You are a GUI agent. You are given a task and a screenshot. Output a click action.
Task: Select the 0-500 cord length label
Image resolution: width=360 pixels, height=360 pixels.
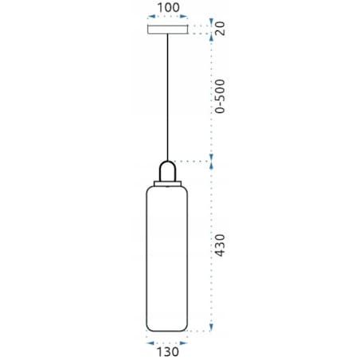[223, 96]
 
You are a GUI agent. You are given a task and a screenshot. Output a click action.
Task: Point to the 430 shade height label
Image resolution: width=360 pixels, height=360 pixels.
[223, 248]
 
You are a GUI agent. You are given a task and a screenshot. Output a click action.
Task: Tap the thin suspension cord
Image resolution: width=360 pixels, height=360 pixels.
[168, 96]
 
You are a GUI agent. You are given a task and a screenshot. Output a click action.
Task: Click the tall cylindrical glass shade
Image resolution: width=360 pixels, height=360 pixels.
[168, 255]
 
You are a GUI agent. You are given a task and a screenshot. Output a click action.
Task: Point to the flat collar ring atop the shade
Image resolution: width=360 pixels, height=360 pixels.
[168, 183]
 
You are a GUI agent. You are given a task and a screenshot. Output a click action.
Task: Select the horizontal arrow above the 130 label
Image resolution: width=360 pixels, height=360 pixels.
[168, 338]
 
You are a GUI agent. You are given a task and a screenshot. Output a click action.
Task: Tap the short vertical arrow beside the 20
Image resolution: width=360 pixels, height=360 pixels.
[211, 29]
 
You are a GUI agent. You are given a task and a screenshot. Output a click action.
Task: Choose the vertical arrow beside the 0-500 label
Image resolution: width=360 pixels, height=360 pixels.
[211, 96]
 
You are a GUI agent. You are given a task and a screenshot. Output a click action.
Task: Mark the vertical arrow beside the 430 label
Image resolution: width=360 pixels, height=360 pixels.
[211, 247]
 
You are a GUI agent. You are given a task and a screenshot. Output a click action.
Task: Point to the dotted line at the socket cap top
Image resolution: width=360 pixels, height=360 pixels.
[195, 160]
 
